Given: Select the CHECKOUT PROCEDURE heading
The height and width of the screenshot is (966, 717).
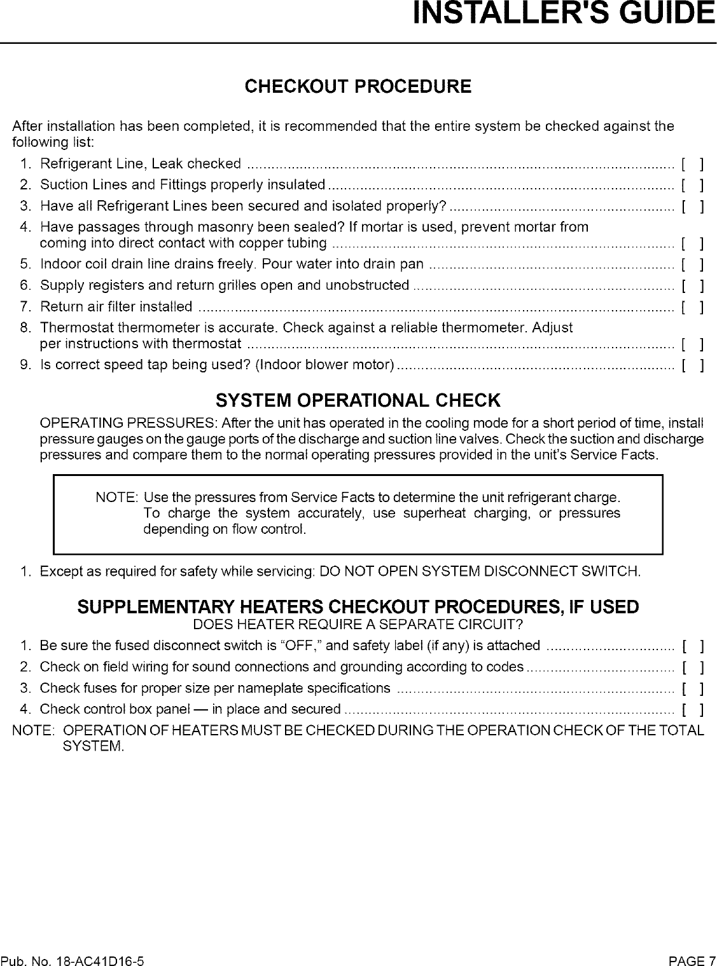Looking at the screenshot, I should tap(358, 86).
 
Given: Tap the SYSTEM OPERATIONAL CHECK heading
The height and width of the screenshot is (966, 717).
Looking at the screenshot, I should tap(358, 401).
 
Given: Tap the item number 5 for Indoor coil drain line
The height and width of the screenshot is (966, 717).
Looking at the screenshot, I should tap(24, 264).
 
